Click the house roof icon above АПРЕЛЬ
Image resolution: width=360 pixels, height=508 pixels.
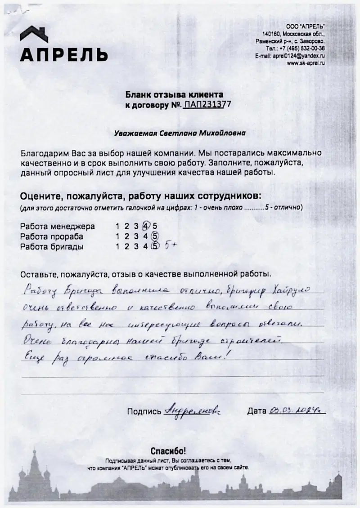pyautogui.click(x=34, y=34)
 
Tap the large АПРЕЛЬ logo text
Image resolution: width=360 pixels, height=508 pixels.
pyautogui.click(x=63, y=54)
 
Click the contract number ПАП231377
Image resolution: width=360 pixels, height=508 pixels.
pyautogui.click(x=207, y=104)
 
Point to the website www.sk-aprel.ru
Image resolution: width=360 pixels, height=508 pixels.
pyautogui.click(x=306, y=63)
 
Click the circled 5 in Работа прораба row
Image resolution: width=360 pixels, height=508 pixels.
pyautogui.click(x=154, y=236)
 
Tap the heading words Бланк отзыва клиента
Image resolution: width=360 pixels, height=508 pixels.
pyautogui.click(x=174, y=95)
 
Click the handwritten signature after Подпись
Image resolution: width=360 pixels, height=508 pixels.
pyautogui.click(x=193, y=410)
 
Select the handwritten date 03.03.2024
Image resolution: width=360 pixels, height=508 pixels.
pyautogui.click(x=297, y=410)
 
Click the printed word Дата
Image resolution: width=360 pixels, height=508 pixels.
pyautogui.click(x=257, y=411)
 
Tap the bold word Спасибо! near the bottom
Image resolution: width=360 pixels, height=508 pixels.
pyautogui.click(x=168, y=451)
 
